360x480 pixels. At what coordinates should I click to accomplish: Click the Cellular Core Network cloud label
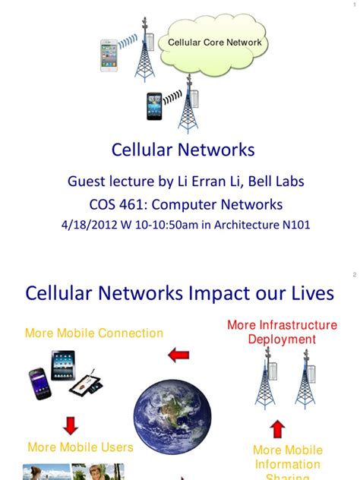click(x=214, y=43)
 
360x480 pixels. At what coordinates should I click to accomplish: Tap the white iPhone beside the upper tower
click(x=109, y=55)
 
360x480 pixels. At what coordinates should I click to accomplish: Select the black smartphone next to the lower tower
click(x=155, y=106)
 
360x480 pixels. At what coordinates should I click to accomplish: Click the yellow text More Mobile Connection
click(x=94, y=333)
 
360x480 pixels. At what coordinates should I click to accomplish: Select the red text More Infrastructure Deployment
click(x=282, y=332)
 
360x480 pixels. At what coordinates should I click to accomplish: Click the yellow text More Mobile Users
click(x=81, y=447)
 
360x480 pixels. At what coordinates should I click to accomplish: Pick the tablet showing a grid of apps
click(x=63, y=365)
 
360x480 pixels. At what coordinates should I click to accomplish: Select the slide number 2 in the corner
click(x=354, y=275)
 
